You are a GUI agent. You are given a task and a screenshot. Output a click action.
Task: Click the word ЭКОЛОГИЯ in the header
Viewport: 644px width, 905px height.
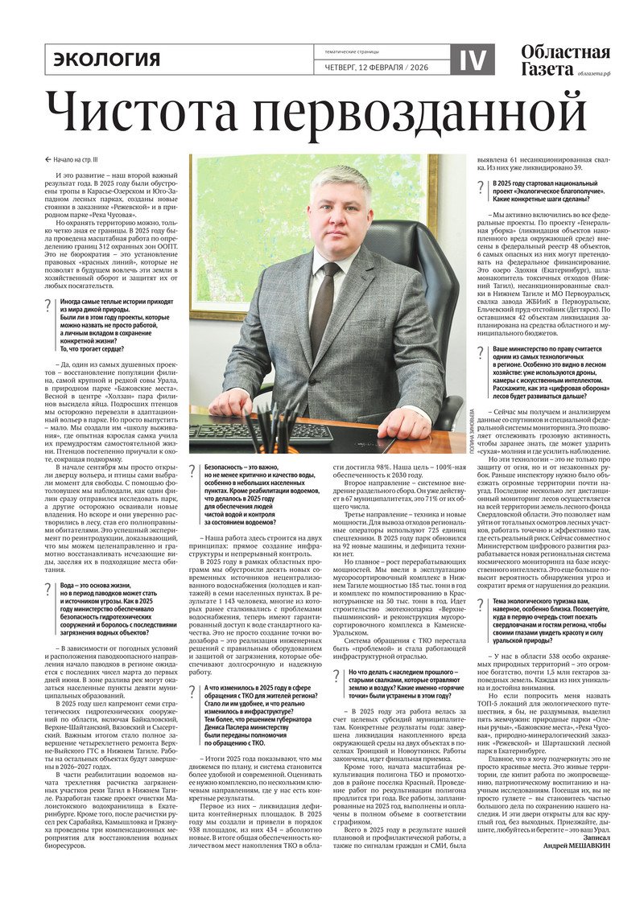coord(107,60)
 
